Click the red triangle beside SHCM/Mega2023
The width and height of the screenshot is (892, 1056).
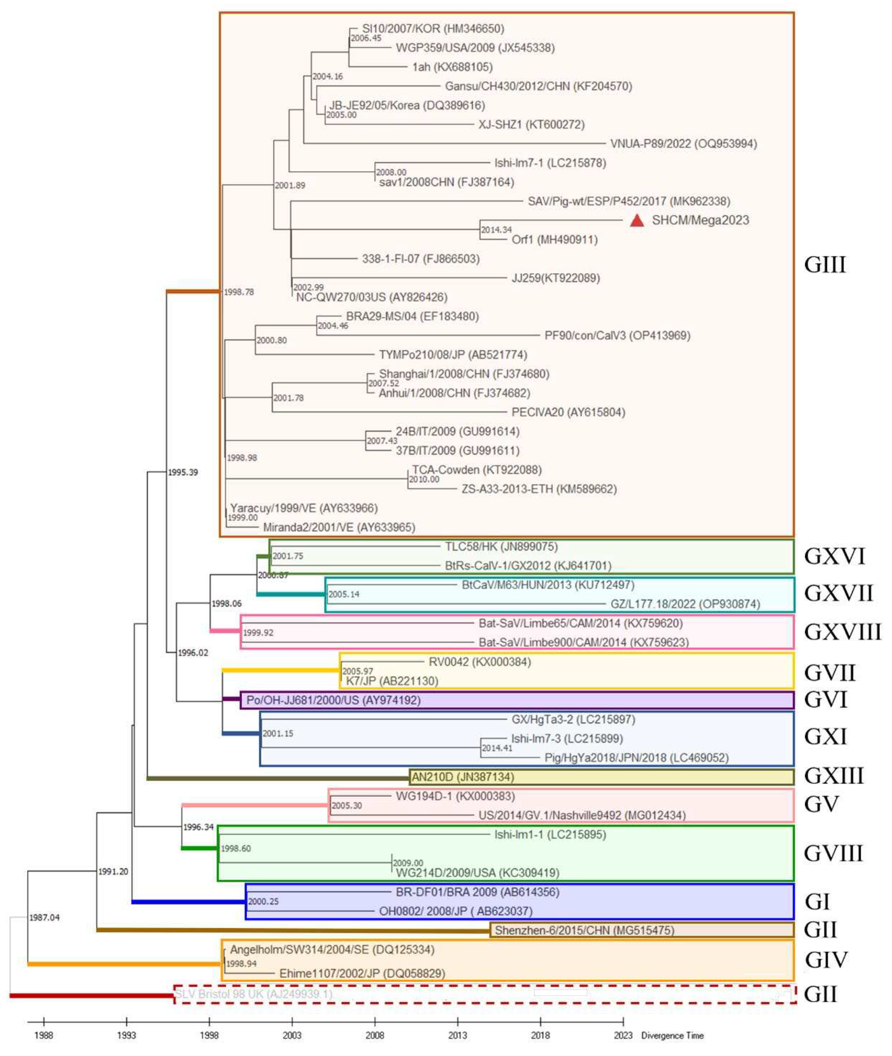click(x=637, y=221)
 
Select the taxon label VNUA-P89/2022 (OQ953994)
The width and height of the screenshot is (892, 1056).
click(x=683, y=144)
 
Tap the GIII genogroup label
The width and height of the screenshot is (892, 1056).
click(x=825, y=265)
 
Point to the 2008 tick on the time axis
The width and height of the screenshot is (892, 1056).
click(x=375, y=1035)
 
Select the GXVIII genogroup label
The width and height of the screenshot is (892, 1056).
click(x=842, y=632)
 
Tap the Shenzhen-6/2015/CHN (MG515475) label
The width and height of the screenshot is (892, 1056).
click(x=584, y=930)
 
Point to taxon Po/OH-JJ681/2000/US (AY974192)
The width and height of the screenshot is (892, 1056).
click(x=333, y=700)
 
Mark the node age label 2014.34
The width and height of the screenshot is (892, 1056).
click(x=496, y=230)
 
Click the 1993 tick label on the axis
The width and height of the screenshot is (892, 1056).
click(x=126, y=1035)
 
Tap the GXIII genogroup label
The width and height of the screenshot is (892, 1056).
click(x=833, y=775)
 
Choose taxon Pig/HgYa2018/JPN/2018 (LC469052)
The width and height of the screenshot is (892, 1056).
click(x=636, y=758)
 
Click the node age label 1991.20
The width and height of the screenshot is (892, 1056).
click(x=113, y=871)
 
